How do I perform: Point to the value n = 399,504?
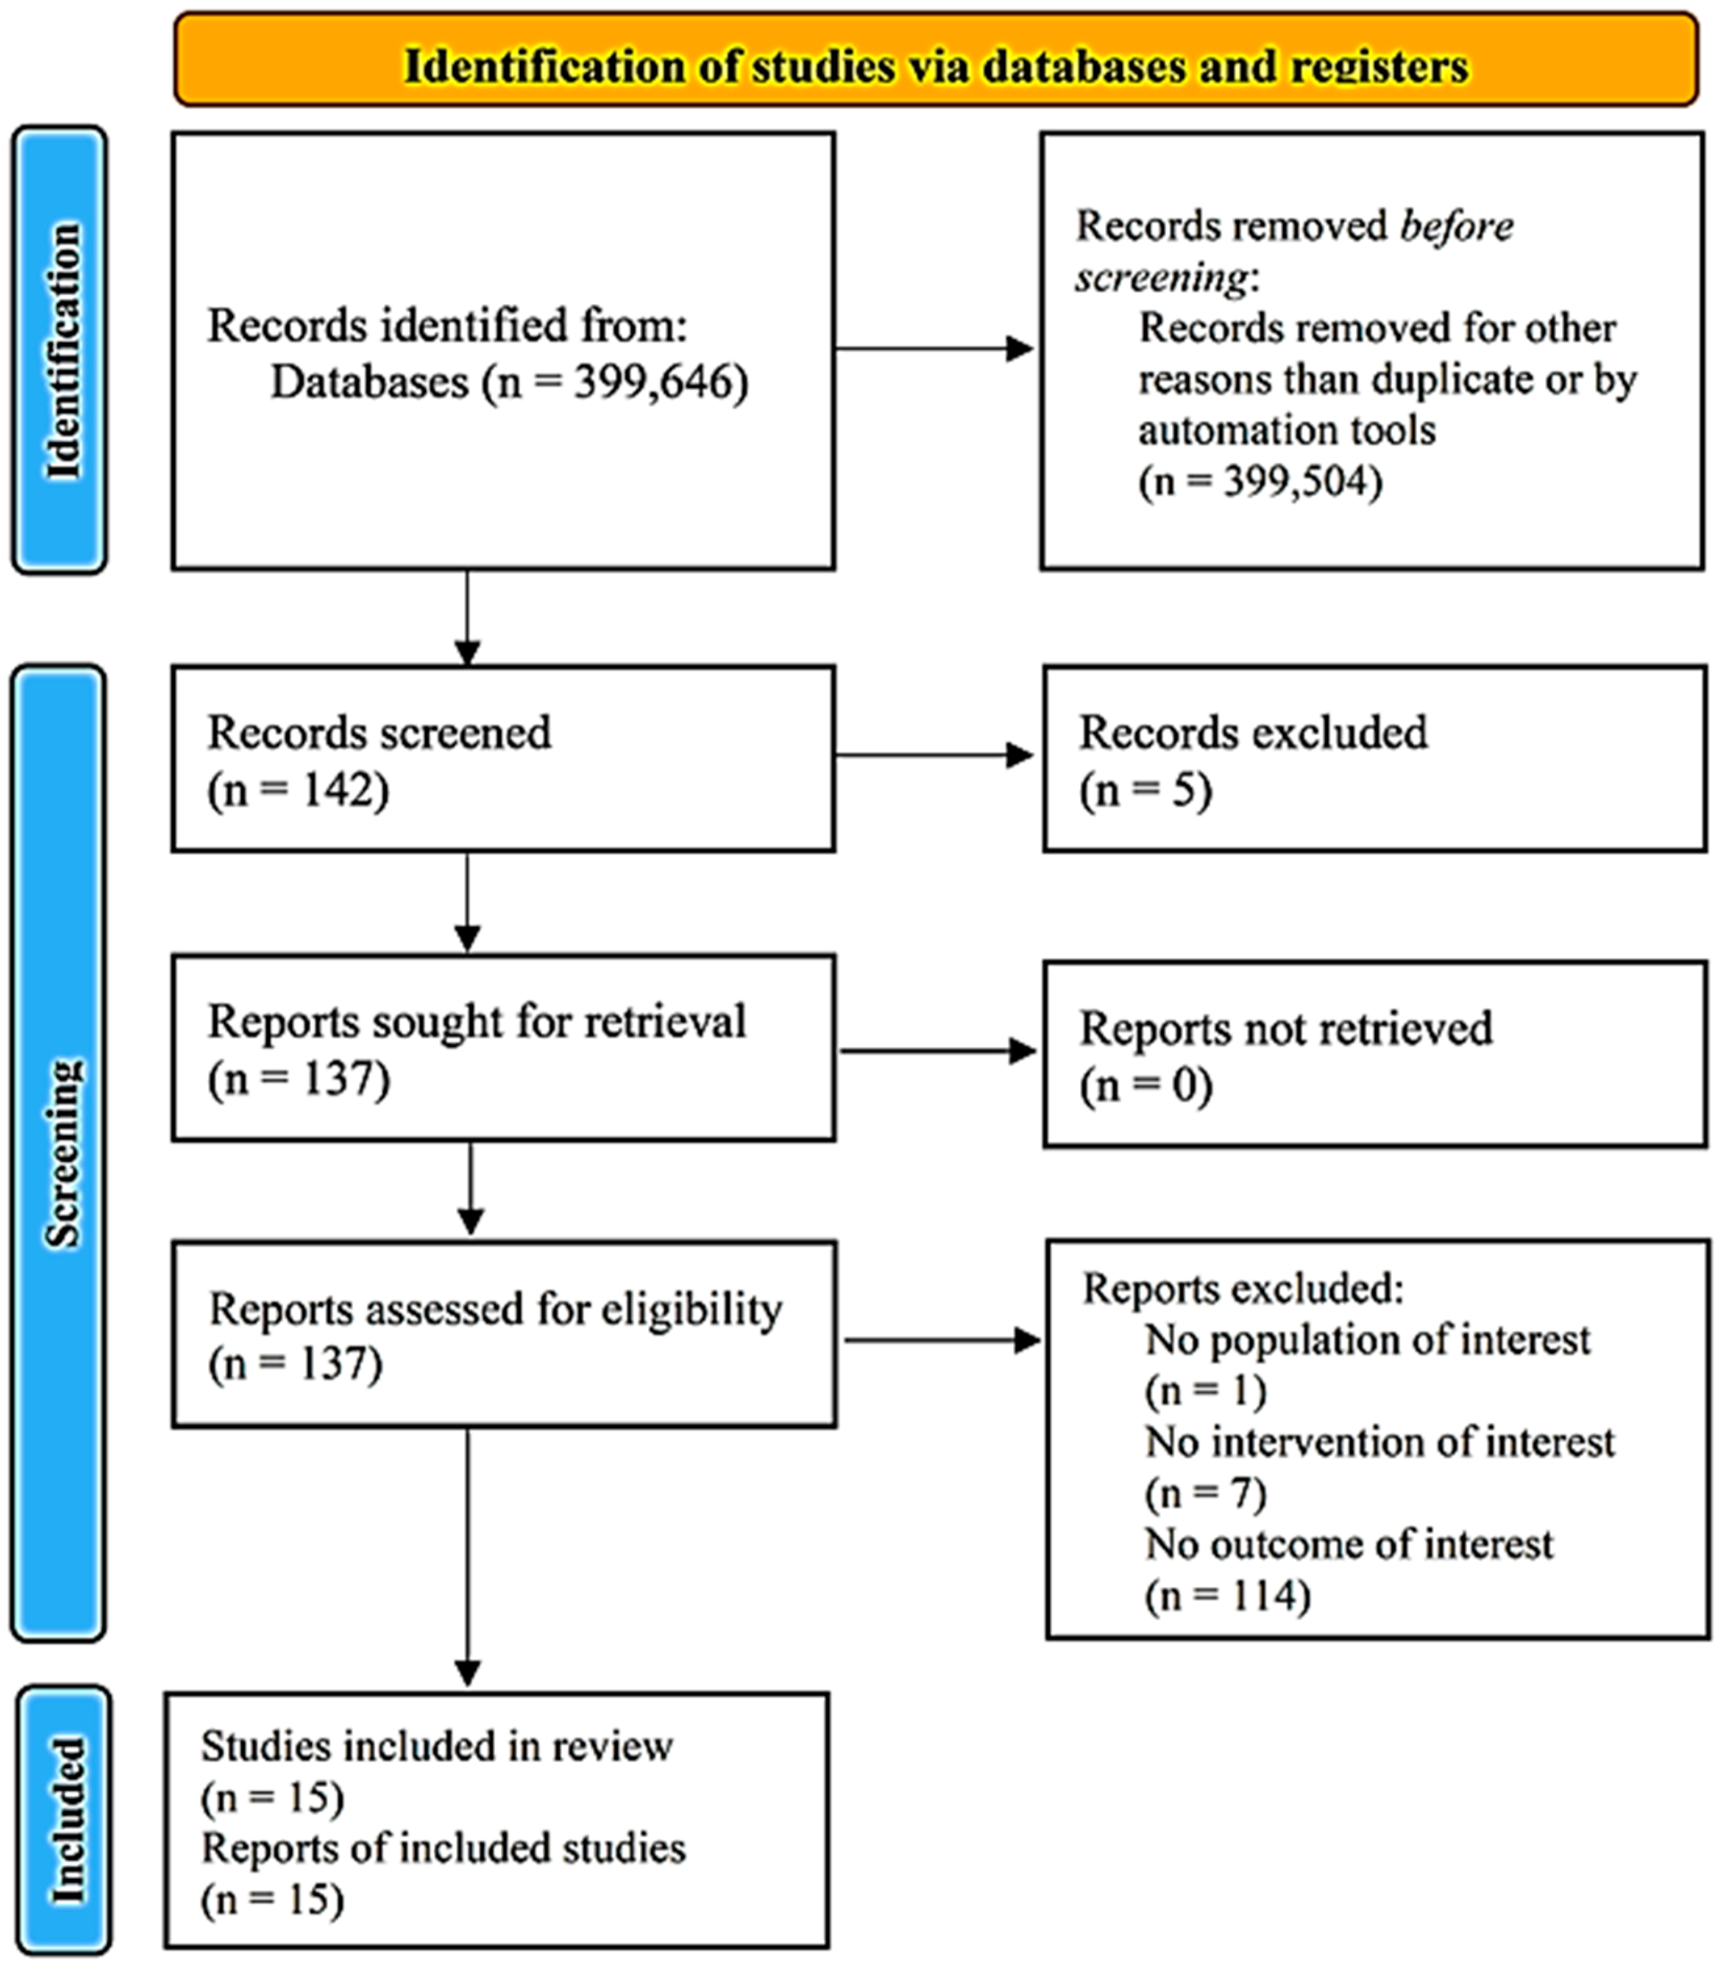1260,482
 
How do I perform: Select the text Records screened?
380,733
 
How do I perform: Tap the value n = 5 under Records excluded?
1145,791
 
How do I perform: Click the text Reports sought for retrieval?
476,1022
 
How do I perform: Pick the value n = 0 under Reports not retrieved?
1146,1085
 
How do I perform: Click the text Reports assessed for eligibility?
495,1308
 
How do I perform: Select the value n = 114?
1227,1596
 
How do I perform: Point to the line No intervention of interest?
1380,1442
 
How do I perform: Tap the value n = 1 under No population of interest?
1206,1391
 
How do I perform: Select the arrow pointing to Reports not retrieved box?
937,1051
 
